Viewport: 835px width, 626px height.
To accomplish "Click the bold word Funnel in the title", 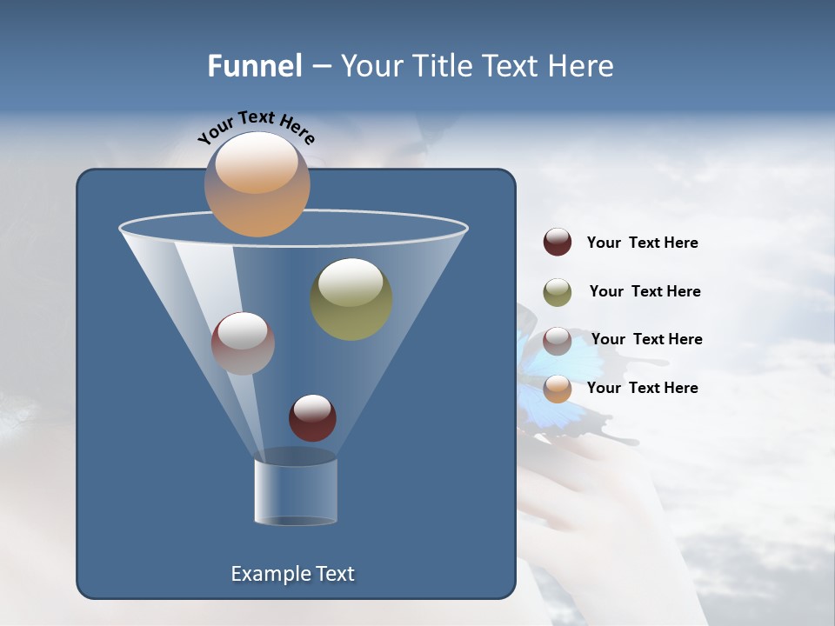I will (x=254, y=66).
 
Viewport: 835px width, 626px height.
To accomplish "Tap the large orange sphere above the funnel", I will (x=257, y=183).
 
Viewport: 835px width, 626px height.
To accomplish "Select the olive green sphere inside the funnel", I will (x=351, y=298).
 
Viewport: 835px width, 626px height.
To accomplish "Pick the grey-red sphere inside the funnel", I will (x=243, y=343).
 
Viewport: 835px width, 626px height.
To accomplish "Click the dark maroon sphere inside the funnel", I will (x=312, y=417).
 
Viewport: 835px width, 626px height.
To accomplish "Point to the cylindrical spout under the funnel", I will (x=295, y=491).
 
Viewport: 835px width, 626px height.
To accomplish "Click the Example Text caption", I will (x=292, y=574).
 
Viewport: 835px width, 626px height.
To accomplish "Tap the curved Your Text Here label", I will (x=256, y=126).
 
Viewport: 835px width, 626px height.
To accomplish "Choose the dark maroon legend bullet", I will (x=558, y=243).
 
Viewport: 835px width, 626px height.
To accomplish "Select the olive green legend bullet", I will (x=558, y=292).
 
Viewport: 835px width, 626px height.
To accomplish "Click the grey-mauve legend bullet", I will (x=558, y=341).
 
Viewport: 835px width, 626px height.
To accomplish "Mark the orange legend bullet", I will (x=558, y=389).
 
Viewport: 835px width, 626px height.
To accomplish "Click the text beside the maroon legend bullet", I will (x=642, y=243).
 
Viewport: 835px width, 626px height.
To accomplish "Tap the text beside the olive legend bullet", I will (x=645, y=292).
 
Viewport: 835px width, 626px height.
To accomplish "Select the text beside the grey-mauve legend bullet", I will (x=646, y=340).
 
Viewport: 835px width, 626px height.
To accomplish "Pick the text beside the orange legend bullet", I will (x=642, y=388).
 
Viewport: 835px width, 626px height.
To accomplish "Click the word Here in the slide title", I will (x=581, y=66).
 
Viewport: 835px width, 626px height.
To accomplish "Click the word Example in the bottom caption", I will (x=271, y=574).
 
